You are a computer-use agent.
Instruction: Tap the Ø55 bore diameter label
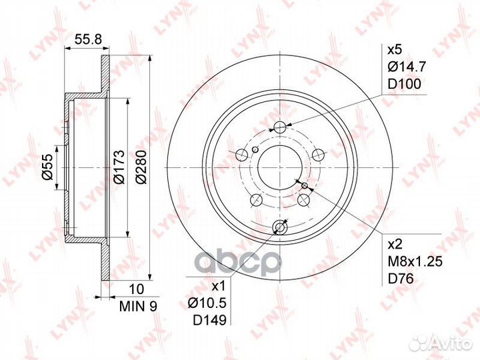pos(48,167)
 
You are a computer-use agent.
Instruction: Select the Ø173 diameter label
pos(119,167)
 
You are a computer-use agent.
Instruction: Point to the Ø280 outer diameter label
pos(141,167)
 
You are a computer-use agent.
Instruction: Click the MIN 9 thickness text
pos(138,306)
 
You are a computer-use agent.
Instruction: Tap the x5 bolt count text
pos(395,49)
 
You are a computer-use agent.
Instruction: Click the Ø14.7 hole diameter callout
pos(407,67)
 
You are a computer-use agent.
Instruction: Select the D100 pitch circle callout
pos(405,83)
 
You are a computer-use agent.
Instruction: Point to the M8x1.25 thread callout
pos(415,262)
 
